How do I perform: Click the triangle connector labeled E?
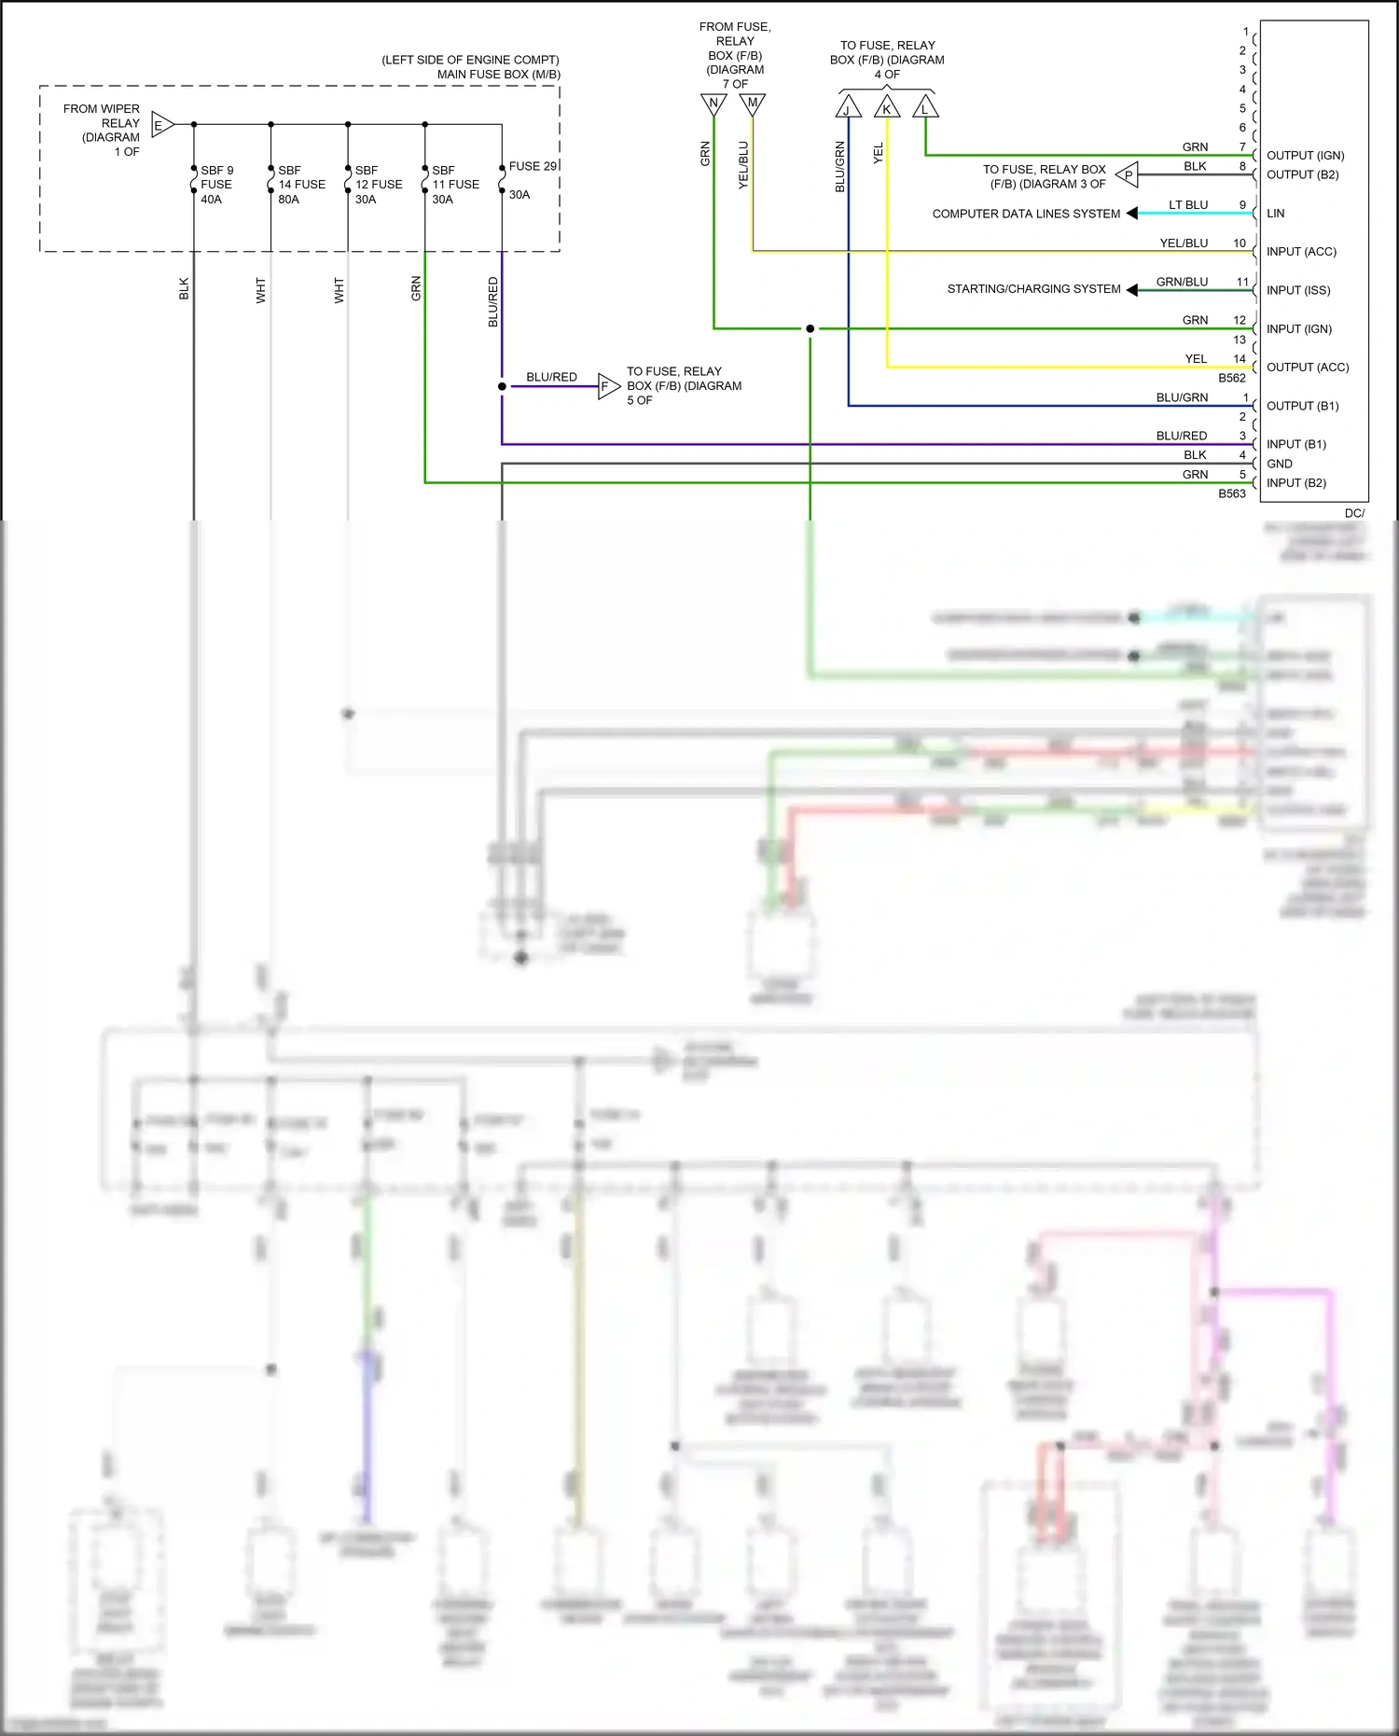point(161,124)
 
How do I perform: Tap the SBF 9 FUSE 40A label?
point(216,185)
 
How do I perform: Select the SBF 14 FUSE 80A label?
point(301,185)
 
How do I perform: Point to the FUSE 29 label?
point(533,166)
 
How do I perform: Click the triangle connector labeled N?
point(713,104)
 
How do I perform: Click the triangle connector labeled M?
point(752,104)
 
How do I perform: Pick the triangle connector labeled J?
point(848,108)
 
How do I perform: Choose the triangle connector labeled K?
point(887,108)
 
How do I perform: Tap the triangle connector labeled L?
point(925,108)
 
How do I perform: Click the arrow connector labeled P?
point(1128,174)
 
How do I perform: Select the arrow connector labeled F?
point(607,386)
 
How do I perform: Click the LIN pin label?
point(1275,214)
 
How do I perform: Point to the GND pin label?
point(1279,464)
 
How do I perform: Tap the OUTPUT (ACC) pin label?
point(1307,368)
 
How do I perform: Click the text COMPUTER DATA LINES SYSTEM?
point(1026,214)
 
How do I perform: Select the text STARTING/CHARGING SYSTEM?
point(1033,289)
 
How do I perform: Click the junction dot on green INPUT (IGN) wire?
point(810,328)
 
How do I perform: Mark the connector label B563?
point(1231,493)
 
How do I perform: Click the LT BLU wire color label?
point(1188,205)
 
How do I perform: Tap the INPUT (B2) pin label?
point(1295,483)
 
